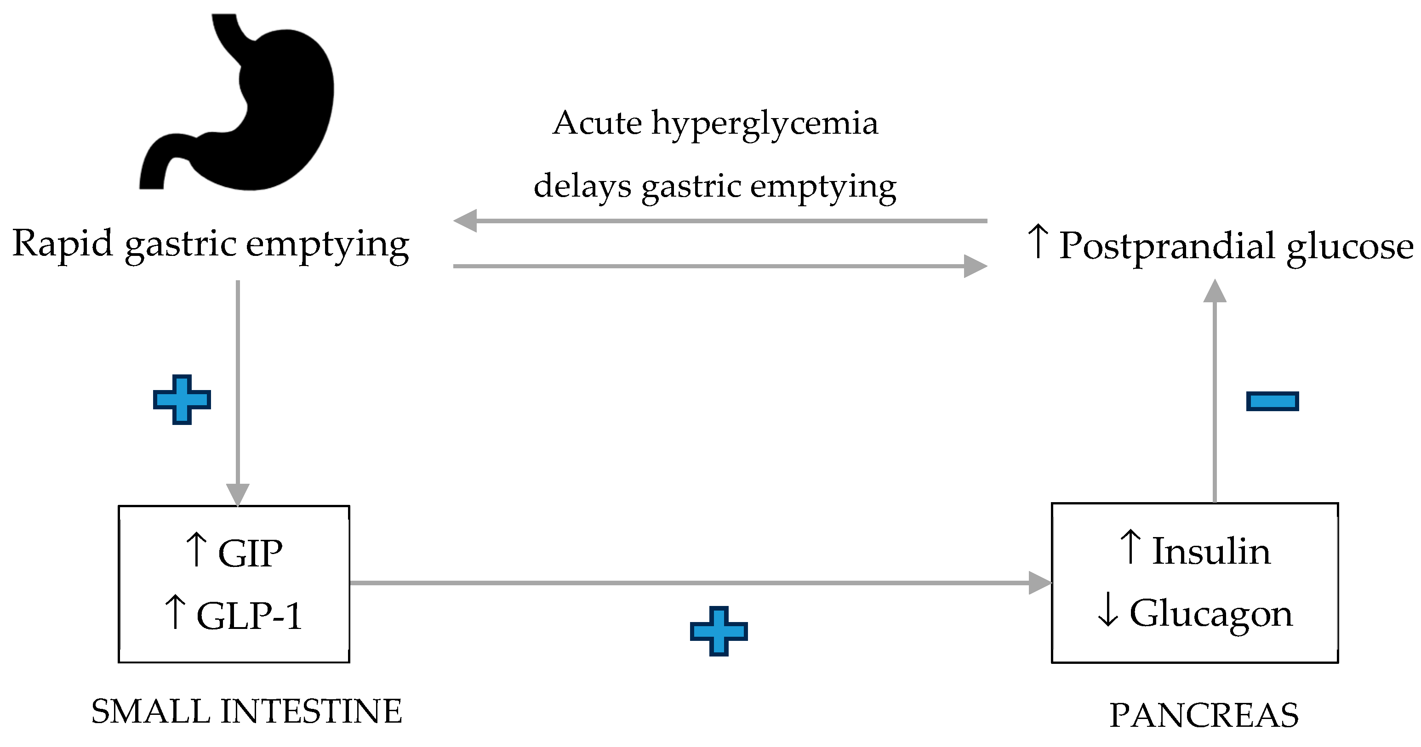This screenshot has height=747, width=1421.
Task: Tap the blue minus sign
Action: pyautogui.click(x=1272, y=401)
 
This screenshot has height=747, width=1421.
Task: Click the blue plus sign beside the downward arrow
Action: pyautogui.click(x=182, y=400)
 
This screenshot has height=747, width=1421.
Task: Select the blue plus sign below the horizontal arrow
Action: pyautogui.click(x=718, y=631)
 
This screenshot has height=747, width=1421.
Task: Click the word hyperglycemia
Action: pyautogui.click(x=765, y=124)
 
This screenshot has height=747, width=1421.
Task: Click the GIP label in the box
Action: pyautogui.click(x=250, y=553)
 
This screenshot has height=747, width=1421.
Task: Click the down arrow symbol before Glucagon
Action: pyautogui.click(x=1107, y=610)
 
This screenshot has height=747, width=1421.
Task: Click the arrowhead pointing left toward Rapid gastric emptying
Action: pyautogui.click(x=465, y=221)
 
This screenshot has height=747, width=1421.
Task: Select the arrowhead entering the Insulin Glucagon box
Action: pyautogui.click(x=1040, y=583)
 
